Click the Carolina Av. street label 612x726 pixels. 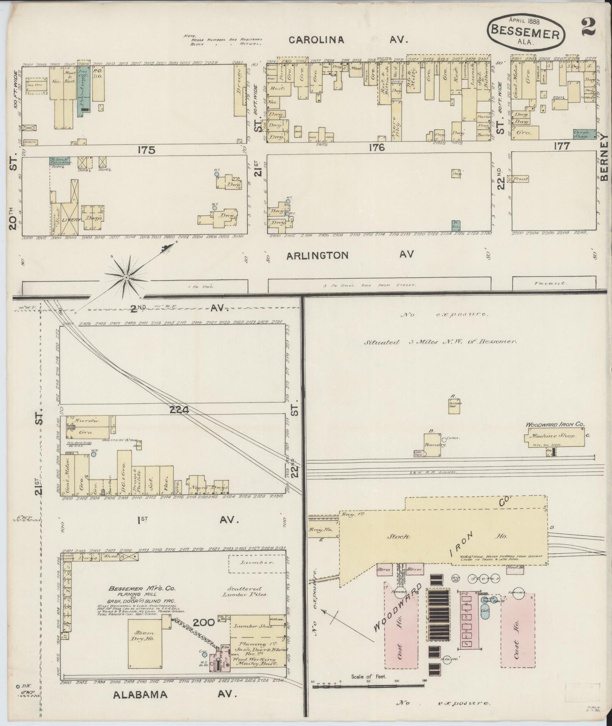[347, 40]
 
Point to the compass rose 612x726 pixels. [126, 277]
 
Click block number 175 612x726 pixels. [146, 150]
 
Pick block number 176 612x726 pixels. [376, 147]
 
